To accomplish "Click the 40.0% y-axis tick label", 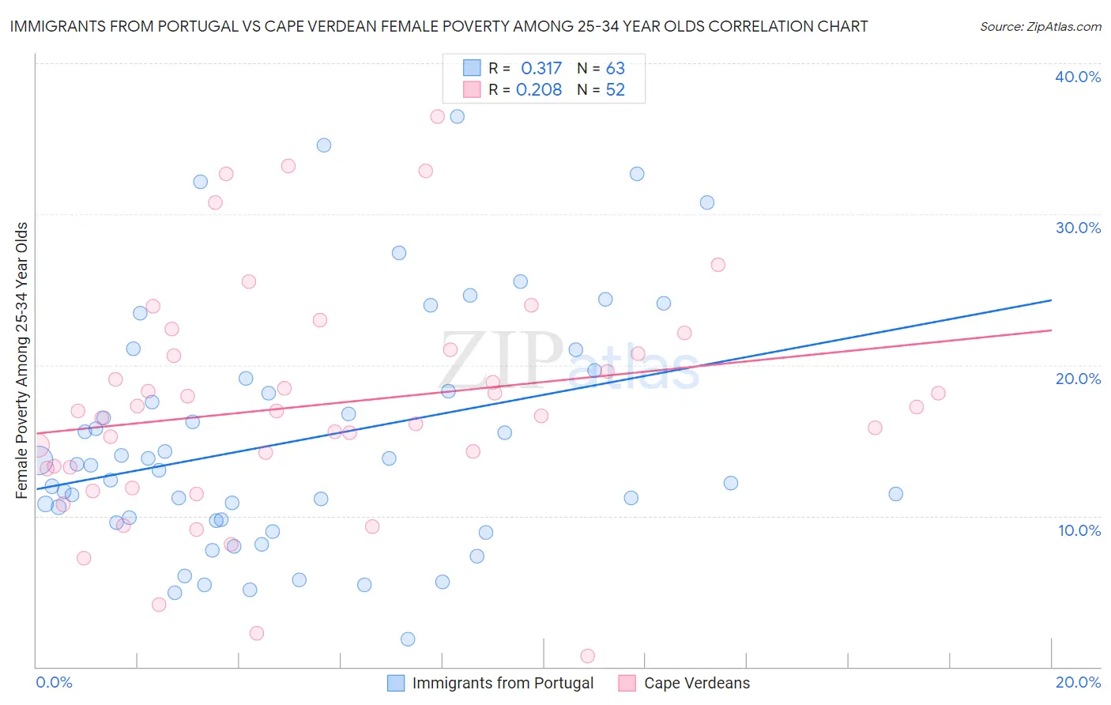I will (x=1078, y=77).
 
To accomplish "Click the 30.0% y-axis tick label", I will (x=1078, y=228).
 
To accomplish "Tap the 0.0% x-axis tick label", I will (x=54, y=682).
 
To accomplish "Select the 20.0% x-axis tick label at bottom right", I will (x=1078, y=682).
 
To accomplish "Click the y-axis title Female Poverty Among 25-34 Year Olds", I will (x=21, y=360).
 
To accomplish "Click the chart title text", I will (x=439, y=26).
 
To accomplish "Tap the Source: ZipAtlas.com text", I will (x=1040, y=26).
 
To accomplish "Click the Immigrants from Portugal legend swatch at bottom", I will (x=396, y=683).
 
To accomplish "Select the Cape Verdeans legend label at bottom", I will (x=696, y=683).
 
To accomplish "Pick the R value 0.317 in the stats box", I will (x=541, y=68).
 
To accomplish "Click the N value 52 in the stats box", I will (x=615, y=89).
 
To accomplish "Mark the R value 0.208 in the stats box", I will (x=539, y=89).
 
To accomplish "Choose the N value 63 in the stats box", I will (x=615, y=68).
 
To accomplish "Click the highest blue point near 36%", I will (x=457, y=116).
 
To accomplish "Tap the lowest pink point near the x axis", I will (x=587, y=656).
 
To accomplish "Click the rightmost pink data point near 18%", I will (x=938, y=393).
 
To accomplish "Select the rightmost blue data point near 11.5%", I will (x=895, y=494).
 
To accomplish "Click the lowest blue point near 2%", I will (x=408, y=639).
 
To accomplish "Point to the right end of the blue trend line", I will (x=1051, y=300).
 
